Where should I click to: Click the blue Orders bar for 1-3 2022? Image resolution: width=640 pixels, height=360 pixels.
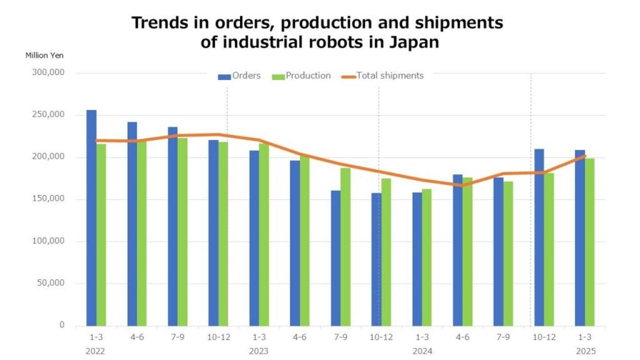pyautogui.click(x=92, y=218)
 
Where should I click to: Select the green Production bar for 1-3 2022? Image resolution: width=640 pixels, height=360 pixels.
pyautogui.click(x=101, y=235)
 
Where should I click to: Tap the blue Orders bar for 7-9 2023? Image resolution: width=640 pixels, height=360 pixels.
pyautogui.click(x=336, y=258)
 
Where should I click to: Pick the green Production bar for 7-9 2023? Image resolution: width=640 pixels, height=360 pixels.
pyautogui.click(x=345, y=247)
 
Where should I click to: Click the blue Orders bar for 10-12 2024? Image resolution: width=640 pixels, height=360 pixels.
pyautogui.click(x=539, y=237)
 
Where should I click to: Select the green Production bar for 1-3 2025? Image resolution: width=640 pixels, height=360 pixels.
pyautogui.click(x=590, y=242)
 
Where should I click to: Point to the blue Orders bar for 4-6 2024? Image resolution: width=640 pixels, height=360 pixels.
pyautogui.click(x=458, y=250)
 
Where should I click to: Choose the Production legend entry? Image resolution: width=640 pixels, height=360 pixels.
pyautogui.click(x=302, y=76)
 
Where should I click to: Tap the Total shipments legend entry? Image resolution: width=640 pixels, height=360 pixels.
pyautogui.click(x=383, y=76)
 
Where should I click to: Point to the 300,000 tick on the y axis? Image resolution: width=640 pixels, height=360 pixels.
pyautogui.click(x=48, y=72)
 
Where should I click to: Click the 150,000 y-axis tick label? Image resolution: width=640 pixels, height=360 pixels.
pyautogui.click(x=48, y=199)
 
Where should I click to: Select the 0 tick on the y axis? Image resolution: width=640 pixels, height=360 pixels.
pyautogui.click(x=61, y=325)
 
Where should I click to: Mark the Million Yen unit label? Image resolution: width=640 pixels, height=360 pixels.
pyautogui.click(x=44, y=56)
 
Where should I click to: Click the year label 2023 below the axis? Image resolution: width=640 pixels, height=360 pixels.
pyautogui.click(x=259, y=351)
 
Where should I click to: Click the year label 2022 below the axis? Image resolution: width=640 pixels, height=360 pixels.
pyautogui.click(x=95, y=351)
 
